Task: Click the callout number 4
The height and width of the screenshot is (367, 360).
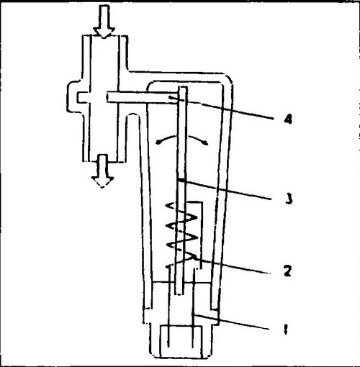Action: [288, 119]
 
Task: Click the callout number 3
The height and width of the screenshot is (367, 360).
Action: [289, 199]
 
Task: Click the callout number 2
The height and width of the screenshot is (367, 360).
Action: [288, 271]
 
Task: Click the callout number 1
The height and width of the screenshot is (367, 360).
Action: [285, 329]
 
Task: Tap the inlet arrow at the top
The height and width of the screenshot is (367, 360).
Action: [104, 22]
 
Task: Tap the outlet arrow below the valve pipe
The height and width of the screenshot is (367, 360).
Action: [102, 171]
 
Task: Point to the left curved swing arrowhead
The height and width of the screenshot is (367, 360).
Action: [158, 142]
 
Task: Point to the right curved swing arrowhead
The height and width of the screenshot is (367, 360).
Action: [204, 143]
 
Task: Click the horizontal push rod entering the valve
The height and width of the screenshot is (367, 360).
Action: [143, 98]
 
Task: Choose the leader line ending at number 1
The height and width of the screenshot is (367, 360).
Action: [231, 322]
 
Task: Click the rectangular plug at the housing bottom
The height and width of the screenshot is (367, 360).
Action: [181, 342]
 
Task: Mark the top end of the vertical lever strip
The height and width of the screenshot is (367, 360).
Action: [182, 87]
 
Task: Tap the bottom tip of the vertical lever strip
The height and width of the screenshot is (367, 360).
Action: [179, 294]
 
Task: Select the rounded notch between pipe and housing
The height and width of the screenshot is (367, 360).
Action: [132, 114]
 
